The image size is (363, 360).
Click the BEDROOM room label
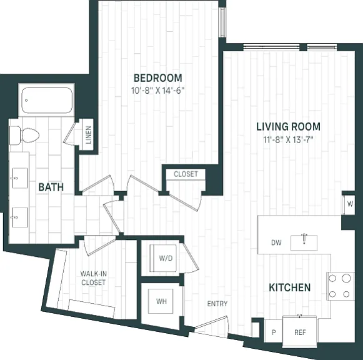(158, 77)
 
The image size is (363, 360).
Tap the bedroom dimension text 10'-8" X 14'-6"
(158, 91)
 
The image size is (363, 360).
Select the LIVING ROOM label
(288, 127)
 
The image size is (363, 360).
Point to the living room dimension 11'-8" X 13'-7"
(288, 139)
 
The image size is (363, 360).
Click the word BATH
(51, 187)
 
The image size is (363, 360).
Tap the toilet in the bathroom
(24, 135)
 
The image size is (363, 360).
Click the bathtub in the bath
(47, 100)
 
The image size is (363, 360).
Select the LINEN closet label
(89, 135)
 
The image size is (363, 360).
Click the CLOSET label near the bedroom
(186, 174)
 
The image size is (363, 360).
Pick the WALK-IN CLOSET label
(94, 278)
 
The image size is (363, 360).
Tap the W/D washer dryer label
(166, 258)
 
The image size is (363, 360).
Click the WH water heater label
(161, 301)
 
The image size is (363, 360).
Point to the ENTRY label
(217, 304)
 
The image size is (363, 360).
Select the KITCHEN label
(290, 287)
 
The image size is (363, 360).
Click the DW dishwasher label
(276, 242)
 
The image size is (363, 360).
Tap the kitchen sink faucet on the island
(304, 239)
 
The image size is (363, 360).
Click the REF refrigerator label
(300, 332)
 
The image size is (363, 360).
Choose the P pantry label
(274, 332)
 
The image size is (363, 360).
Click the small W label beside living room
(350, 204)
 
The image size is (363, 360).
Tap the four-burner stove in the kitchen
(340, 286)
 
